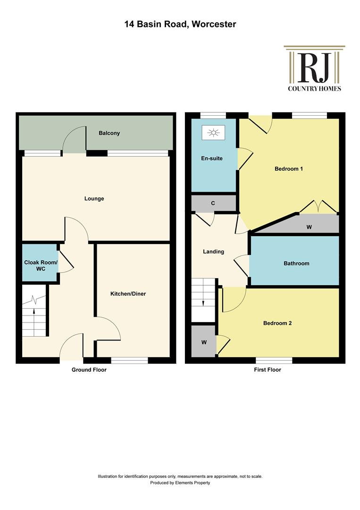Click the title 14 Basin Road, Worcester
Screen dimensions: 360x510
pyautogui.click(x=180, y=24)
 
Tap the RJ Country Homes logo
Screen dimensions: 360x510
pyautogui.click(x=314, y=68)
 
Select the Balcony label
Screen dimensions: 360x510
pyautogui.click(x=109, y=133)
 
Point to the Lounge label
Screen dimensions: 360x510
pyautogui.click(x=94, y=198)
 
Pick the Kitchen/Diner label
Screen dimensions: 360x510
pyautogui.click(x=128, y=294)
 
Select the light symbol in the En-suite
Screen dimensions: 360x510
pyautogui.click(x=213, y=132)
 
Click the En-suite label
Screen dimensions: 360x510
pyautogui.click(x=212, y=158)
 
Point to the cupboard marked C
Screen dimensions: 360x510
pyautogui.click(x=213, y=203)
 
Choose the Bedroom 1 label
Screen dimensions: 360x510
pyautogui.click(x=289, y=169)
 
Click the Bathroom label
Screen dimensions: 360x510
pyautogui.click(x=296, y=263)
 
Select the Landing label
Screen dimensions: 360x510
pyautogui.click(x=213, y=251)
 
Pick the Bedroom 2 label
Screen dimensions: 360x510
pyautogui.click(x=277, y=323)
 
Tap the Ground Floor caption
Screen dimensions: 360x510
pyautogui.click(x=89, y=370)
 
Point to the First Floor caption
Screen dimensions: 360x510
pyautogui.click(x=268, y=370)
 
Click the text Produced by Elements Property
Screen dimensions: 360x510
pyautogui.click(x=180, y=483)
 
